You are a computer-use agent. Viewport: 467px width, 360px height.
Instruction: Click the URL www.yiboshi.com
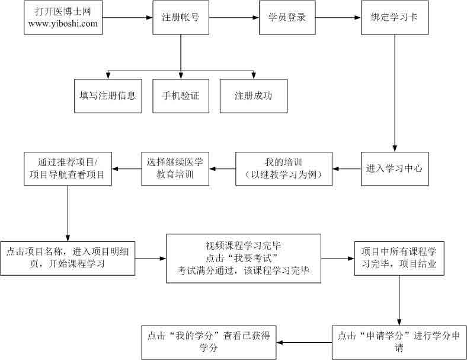[62, 24]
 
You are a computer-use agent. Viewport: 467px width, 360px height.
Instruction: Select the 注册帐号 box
[180, 17]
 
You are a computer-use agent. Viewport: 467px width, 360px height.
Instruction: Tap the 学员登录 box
[287, 17]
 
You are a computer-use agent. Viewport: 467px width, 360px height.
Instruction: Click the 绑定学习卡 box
[395, 17]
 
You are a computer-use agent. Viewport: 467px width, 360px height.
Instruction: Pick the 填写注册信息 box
[108, 95]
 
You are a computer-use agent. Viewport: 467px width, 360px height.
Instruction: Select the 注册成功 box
[253, 95]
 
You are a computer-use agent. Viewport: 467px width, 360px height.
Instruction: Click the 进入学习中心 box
[394, 168]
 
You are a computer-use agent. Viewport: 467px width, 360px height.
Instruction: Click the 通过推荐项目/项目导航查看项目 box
[67, 168]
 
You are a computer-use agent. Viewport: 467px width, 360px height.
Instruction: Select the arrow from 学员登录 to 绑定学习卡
[338, 17]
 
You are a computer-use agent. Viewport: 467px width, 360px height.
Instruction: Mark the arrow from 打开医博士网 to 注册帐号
[125, 17]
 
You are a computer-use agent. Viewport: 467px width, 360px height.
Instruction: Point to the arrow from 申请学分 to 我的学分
[305, 342]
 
